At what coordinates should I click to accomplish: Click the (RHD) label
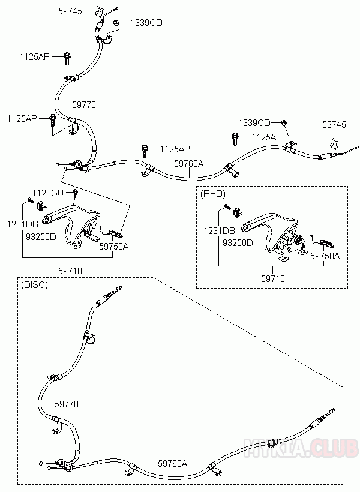213,194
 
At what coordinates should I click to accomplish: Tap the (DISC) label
34,284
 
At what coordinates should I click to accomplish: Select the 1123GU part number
47,193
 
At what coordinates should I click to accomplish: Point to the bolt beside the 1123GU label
76,193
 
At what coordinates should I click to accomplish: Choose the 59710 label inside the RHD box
272,278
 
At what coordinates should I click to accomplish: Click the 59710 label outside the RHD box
70,271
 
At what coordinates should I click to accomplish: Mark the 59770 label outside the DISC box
84,104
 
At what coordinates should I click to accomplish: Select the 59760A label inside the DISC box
173,463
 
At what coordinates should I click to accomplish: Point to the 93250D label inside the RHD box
238,243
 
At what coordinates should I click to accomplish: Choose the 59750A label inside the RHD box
325,256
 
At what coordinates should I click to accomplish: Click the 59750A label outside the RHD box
113,246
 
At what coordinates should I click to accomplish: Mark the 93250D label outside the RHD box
41,236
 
